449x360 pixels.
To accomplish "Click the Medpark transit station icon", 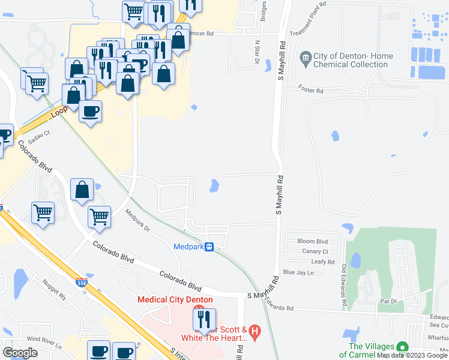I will coord(209,247).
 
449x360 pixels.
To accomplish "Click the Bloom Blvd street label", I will coord(313,241).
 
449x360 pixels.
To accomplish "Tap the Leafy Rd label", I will coord(323,262).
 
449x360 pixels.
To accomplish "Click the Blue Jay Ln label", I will coord(298,272).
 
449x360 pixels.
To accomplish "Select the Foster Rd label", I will coord(311,90).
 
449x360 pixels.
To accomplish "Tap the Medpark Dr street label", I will coord(137,220).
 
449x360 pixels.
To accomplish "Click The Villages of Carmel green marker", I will coord(402,347).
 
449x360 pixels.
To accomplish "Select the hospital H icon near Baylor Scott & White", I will coord(255,330).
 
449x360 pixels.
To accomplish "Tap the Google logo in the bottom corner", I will coord(20,353).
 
